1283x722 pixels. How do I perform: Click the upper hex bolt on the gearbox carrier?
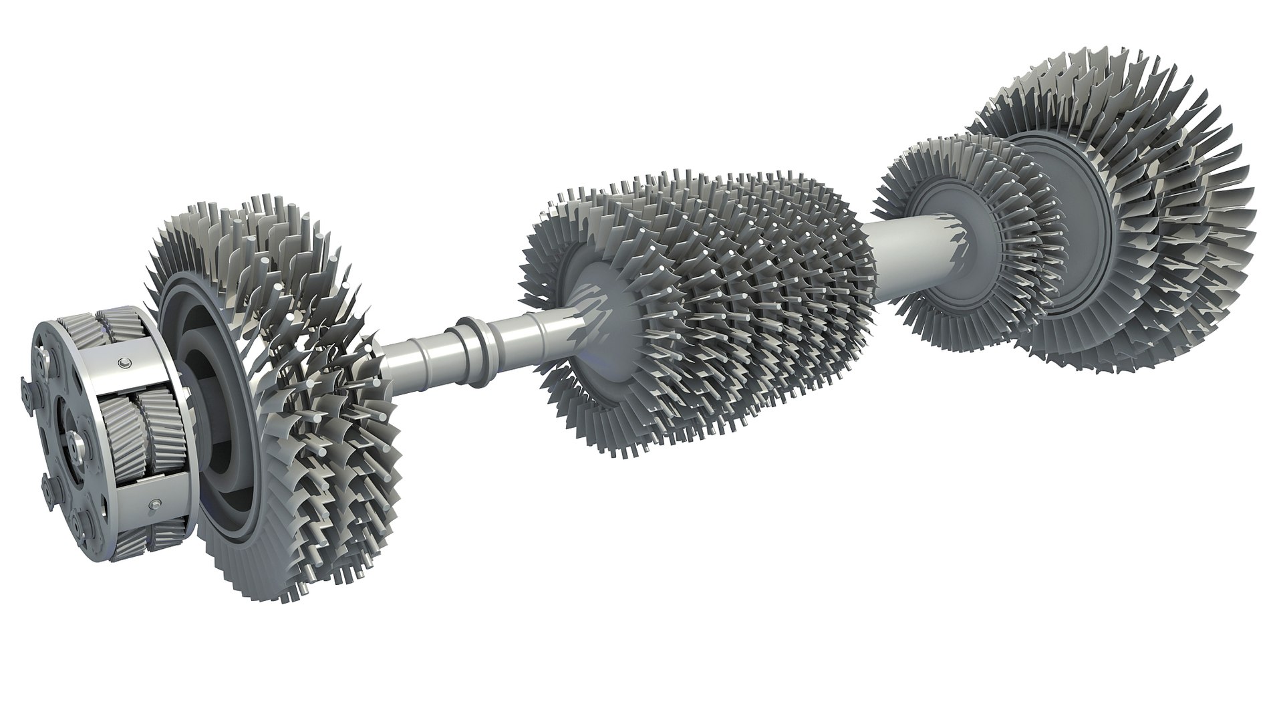(124, 362)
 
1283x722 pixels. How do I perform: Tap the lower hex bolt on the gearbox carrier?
(156, 504)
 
